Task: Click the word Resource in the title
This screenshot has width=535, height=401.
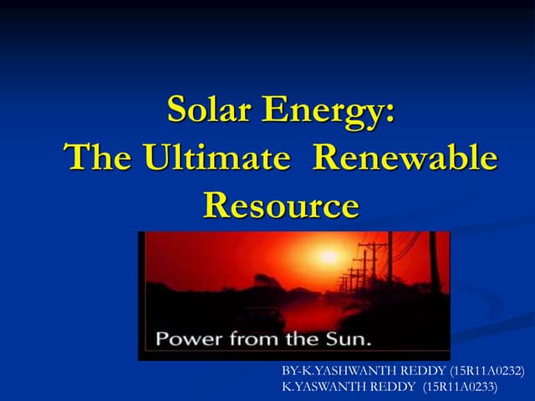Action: point(281,204)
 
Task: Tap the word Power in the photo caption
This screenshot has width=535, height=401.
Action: point(187,341)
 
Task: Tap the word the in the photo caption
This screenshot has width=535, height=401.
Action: point(305,341)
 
